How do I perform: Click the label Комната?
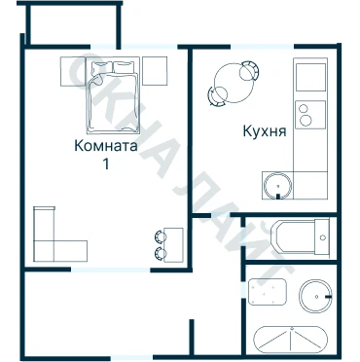[x=106, y=146]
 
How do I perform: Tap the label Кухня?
[x=265, y=131]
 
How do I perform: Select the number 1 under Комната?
[x=106, y=163]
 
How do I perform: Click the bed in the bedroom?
[x=113, y=95]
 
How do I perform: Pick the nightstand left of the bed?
[x=73, y=71]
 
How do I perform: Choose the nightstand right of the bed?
[x=155, y=71]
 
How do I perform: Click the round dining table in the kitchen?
[x=234, y=83]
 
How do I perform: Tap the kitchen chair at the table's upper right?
[x=250, y=71]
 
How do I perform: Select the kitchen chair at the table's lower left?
[x=217, y=96]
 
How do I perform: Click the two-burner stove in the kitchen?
[x=310, y=115]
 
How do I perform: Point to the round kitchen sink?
[x=277, y=186]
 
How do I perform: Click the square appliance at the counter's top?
[x=310, y=77]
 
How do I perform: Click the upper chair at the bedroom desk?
[x=161, y=236]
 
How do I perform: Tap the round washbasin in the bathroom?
[x=315, y=296]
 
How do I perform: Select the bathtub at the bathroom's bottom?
[x=291, y=340]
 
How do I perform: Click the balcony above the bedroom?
[x=73, y=24]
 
